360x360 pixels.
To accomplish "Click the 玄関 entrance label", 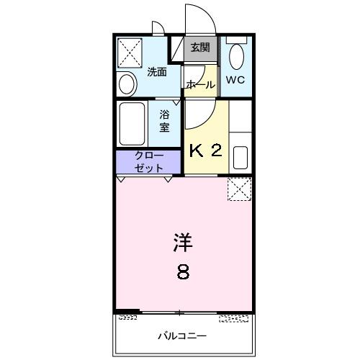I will pos(200,48).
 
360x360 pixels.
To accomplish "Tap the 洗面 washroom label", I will pos(157,72).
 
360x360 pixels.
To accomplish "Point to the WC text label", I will pos(236,79).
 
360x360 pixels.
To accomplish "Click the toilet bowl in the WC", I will pos(235,55).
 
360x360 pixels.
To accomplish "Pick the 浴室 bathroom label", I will pos(165,121).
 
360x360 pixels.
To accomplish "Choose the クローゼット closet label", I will pos(149,161).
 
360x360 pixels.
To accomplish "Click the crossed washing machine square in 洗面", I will pos(130,52).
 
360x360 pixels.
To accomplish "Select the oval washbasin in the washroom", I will pos(127,85).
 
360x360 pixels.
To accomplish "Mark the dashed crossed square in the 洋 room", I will pos(238,189).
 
